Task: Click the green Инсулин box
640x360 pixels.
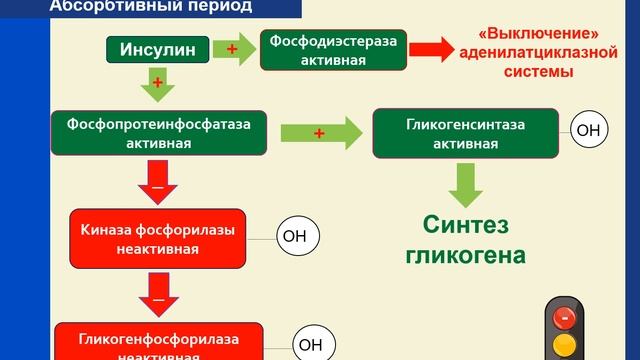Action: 158,49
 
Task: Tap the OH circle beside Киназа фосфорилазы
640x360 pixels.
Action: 296,236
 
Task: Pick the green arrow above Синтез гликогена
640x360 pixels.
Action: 464,182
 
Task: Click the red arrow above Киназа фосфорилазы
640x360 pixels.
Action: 156,185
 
